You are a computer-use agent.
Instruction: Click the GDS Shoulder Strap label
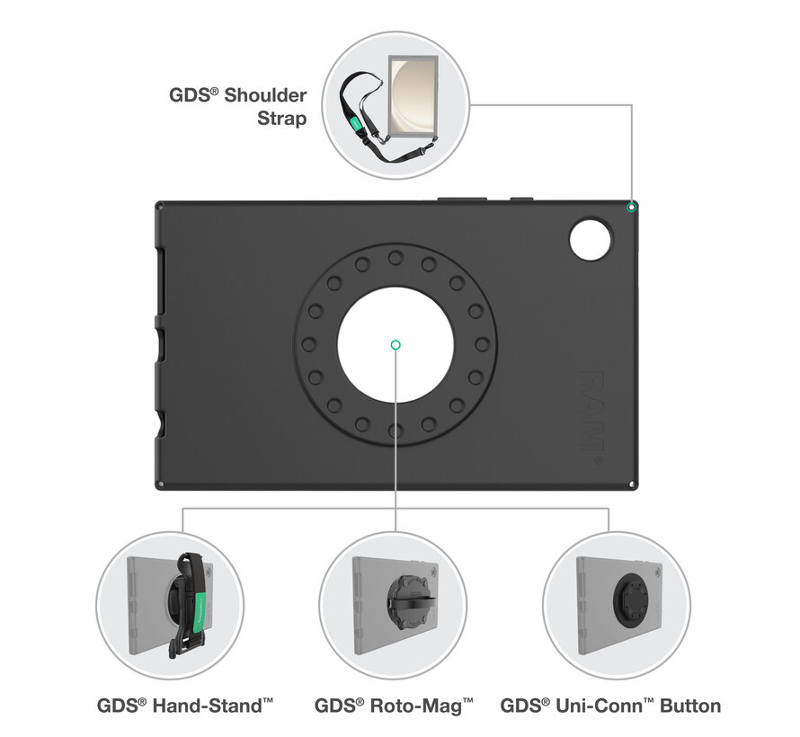point(237,106)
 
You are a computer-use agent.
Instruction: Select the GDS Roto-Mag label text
point(395,706)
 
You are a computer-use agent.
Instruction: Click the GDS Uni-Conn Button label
point(610,706)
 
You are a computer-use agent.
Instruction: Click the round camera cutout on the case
point(591,238)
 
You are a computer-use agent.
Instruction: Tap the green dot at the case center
point(396,344)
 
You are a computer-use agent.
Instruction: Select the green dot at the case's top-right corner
point(632,207)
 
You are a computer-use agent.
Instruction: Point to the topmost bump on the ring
point(396,258)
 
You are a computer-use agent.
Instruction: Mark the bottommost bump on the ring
point(396,431)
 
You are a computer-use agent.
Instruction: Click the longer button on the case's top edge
point(462,198)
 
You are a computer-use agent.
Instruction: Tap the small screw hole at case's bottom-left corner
point(160,485)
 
